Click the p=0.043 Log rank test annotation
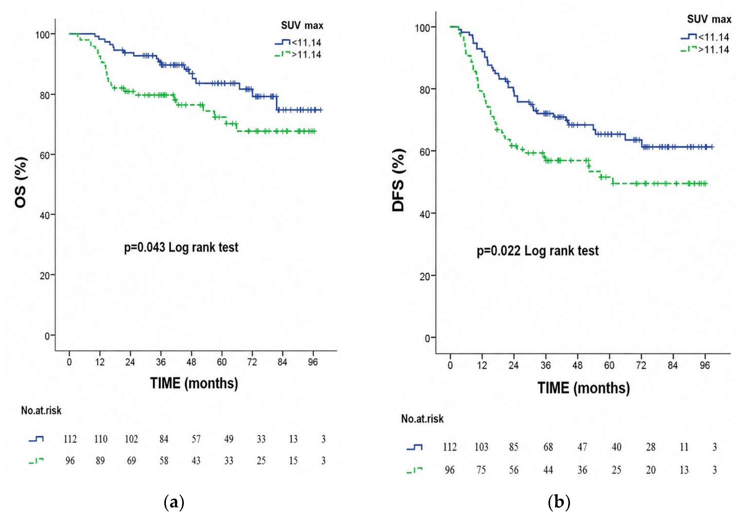point(181,248)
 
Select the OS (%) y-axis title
point(21,182)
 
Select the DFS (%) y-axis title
point(398,180)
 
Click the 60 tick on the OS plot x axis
point(222,362)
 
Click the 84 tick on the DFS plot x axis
point(672,365)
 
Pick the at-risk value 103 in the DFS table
point(481,447)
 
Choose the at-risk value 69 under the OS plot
point(131,460)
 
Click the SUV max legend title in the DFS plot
point(709,19)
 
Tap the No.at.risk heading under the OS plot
point(41,410)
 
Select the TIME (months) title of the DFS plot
point(584,388)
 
